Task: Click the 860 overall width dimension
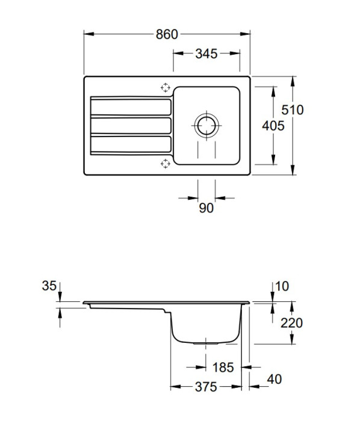coord(167,34)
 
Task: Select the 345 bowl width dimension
coord(206,54)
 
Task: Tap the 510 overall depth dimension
coord(293,110)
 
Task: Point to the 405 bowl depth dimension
coord(273,126)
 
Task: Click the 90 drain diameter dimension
coord(206,208)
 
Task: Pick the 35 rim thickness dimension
coord(49,286)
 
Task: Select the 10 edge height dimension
coord(282,286)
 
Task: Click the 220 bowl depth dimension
coord(291,323)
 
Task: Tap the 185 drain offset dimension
coord(223,367)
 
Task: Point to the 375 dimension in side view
coord(206,387)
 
